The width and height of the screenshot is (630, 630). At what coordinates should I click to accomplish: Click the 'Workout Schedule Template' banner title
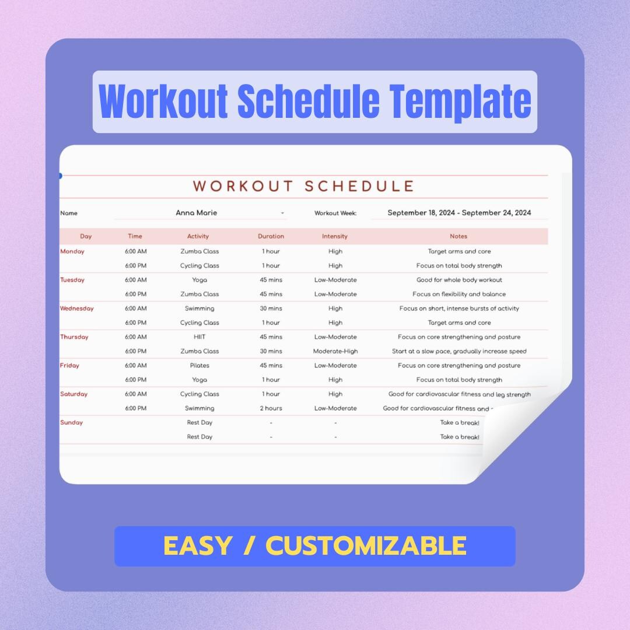point(315,101)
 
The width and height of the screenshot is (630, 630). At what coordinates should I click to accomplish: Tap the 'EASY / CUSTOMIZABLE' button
point(315,546)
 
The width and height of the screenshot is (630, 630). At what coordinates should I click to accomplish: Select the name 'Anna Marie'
point(196,213)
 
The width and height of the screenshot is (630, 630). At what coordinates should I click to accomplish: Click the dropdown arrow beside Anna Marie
point(283,213)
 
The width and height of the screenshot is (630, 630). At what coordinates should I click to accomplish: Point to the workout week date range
point(459,213)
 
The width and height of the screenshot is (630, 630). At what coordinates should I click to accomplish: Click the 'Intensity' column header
point(335,236)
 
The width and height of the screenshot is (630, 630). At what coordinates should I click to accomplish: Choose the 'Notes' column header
point(459,236)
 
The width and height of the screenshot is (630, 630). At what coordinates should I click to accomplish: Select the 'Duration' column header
point(271,236)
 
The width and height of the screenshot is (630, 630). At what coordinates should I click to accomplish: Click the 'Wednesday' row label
point(77,309)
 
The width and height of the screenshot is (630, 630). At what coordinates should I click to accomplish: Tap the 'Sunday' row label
point(72,422)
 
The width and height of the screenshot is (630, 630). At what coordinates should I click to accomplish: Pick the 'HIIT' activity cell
point(199,337)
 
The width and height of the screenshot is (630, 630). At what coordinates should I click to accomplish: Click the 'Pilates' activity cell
point(199,366)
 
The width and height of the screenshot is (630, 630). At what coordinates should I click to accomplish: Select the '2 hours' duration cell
point(271,408)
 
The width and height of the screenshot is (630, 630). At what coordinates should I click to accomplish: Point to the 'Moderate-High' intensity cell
point(335,351)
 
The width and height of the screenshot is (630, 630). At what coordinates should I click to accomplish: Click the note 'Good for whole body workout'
point(459,280)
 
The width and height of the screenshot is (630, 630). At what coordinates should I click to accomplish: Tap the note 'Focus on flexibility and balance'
point(459,294)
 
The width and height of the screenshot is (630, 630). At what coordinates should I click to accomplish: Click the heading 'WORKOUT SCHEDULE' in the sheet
point(303,187)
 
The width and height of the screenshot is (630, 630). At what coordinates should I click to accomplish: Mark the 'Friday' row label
point(70,366)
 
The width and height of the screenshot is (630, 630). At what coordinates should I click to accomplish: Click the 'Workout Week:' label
point(335,213)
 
